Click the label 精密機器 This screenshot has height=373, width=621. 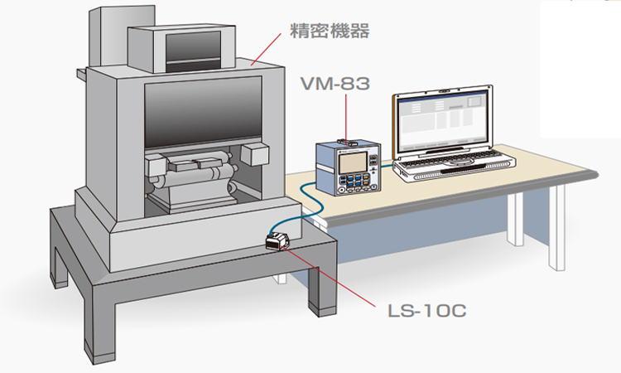pos(329,31)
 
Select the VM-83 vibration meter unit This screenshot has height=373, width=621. pos(349,169)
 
